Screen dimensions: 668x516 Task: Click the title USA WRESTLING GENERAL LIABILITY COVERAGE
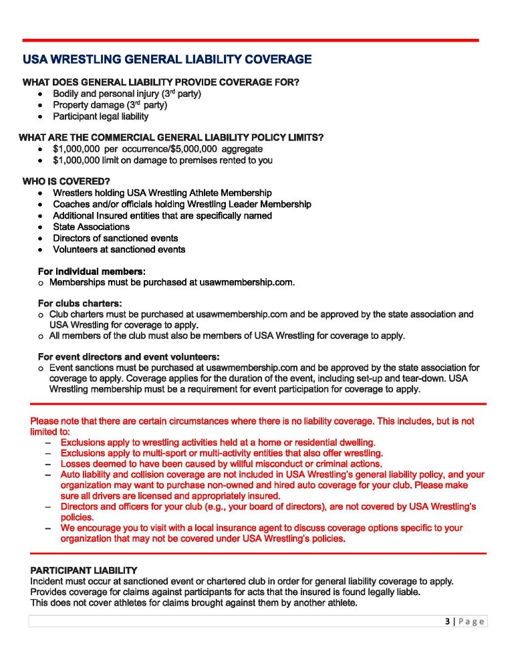(167, 60)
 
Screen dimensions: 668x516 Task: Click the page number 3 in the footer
(447, 621)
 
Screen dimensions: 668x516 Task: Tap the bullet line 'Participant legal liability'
(100, 116)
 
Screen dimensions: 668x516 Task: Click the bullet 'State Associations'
(91, 227)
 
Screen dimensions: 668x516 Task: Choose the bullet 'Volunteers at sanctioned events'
(119, 249)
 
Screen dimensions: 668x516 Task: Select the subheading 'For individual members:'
(92, 271)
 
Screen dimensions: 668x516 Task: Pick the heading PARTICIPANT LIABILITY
(84, 570)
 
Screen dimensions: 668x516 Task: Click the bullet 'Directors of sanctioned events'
(115, 238)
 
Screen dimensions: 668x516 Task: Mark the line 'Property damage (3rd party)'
(110, 105)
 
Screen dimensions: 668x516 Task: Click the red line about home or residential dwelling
(217, 442)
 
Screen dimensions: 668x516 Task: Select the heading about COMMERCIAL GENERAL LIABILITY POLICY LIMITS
(171, 137)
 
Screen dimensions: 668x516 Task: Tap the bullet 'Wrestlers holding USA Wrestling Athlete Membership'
(162, 193)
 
